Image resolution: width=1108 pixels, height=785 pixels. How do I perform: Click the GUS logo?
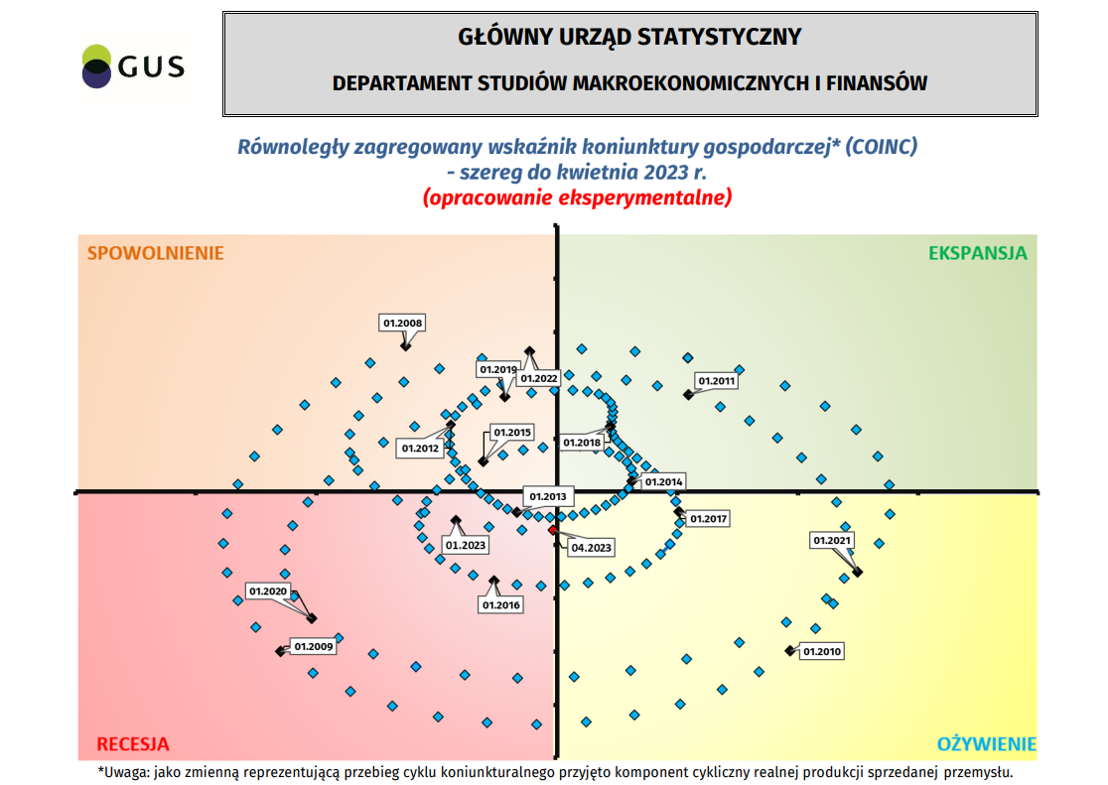pos(133,66)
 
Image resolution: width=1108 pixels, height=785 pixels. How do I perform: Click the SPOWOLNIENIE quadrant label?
pos(156,253)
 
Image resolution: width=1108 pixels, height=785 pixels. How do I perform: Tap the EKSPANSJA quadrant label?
pos(977,253)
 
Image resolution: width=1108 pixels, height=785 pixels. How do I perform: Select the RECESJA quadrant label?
pos(132,744)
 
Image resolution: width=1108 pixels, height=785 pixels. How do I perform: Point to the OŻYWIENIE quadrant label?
pos(987,744)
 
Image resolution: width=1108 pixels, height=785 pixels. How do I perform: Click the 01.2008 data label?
pos(402,323)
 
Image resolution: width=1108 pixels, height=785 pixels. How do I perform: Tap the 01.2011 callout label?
pos(716,381)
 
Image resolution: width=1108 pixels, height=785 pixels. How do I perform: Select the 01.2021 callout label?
pos(832,541)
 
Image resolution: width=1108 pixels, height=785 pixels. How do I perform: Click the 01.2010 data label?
pos(822,652)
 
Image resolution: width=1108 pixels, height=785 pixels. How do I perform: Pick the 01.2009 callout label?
pos(314,647)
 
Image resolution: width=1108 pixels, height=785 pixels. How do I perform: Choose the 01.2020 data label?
pos(268,592)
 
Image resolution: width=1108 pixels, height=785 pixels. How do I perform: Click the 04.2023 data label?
pos(591,548)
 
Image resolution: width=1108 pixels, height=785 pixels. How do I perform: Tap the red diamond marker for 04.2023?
pos(553,530)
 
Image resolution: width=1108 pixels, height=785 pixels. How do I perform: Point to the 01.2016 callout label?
pos(500,604)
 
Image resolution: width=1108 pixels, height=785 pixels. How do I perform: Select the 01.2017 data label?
pos(709,519)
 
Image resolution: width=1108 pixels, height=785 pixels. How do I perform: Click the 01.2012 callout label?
pos(420,449)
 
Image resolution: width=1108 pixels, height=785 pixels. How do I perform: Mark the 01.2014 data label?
pos(663,482)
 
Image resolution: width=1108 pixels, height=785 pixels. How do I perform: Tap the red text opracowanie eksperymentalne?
pos(577,197)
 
